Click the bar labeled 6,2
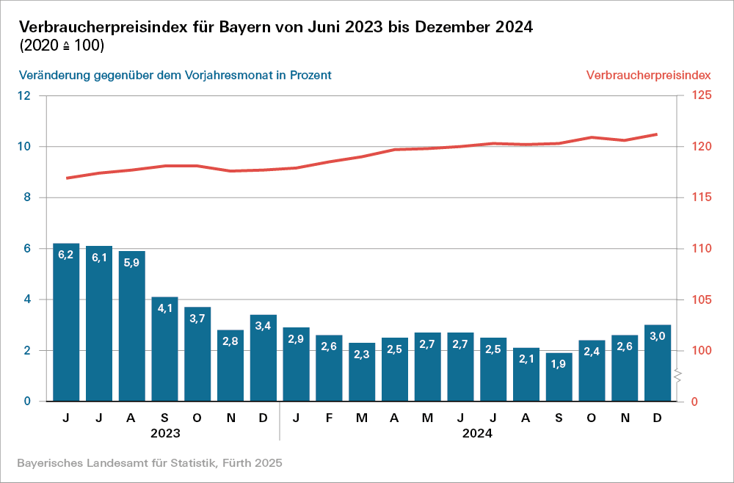(66, 323)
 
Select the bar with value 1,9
(559, 377)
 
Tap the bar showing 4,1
(164, 349)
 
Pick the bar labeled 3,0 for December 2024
(657, 363)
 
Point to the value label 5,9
(131, 263)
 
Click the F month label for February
(329, 418)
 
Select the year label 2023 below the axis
(165, 433)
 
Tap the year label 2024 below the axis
(477, 433)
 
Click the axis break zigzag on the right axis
(679, 377)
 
